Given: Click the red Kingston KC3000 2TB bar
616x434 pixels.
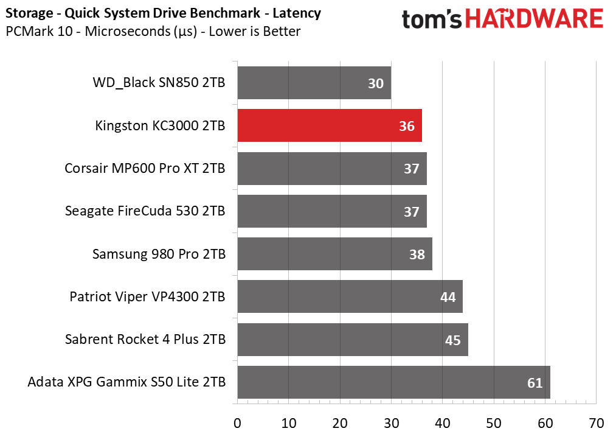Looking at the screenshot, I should [329, 126].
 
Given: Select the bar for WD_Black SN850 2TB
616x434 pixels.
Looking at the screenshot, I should [314, 83].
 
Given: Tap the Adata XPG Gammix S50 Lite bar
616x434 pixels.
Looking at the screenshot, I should [393, 382].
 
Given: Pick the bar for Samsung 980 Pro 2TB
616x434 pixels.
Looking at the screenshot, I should [334, 254].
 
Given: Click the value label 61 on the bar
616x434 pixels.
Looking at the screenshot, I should [535, 383].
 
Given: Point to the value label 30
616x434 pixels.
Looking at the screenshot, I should [376, 83].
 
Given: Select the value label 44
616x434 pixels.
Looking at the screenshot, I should [448, 297].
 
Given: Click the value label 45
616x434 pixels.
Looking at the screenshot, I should [452, 340].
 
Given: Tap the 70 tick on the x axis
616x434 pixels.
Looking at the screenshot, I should [597, 423].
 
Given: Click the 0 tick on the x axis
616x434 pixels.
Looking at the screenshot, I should [237, 423].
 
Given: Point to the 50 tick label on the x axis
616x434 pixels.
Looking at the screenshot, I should [494, 423].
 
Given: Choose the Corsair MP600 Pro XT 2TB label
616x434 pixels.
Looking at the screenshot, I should [145, 169].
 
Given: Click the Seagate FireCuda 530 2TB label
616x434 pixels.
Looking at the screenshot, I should [145, 211].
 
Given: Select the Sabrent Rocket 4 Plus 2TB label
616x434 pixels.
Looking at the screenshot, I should [145, 339].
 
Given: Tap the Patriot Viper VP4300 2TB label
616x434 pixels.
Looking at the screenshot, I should [147, 297].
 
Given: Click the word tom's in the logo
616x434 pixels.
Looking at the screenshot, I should [429, 19].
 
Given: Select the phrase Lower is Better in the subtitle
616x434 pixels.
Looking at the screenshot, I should [254, 31].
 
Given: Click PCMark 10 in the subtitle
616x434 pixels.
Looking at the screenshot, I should [35, 31].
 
